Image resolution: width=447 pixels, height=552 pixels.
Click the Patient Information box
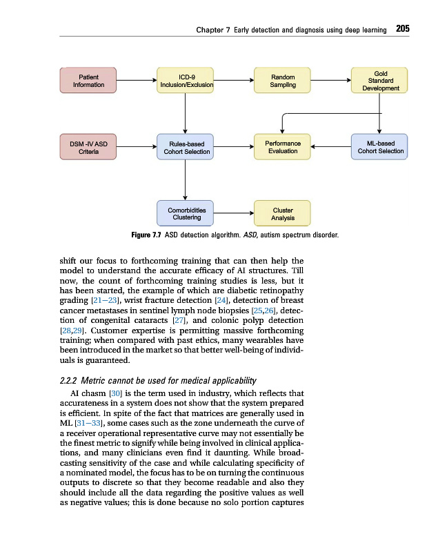pyautogui.click(x=88, y=81)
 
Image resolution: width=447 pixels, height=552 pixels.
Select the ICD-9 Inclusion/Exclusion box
pyautogui.click(x=186, y=81)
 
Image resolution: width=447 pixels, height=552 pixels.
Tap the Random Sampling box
pyautogui.click(x=283, y=81)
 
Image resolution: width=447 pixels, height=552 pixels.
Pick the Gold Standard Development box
pyautogui.click(x=380, y=81)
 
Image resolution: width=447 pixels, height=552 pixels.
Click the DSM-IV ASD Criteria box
pyautogui.click(x=88, y=147)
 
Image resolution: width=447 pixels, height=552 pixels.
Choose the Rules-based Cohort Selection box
pyautogui.click(x=186, y=147)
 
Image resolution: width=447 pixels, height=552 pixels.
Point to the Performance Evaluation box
pyautogui.click(x=283, y=147)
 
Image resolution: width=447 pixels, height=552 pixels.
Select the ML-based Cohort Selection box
pyautogui.click(x=380, y=147)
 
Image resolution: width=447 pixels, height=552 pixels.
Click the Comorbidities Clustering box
pyautogui.click(x=186, y=213)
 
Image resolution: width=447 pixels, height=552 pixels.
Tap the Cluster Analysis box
pyautogui.click(x=283, y=213)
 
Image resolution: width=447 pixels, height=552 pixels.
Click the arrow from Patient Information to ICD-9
pyautogui.click(x=137, y=81)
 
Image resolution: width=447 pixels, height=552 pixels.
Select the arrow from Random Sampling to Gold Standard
pyautogui.click(x=331, y=81)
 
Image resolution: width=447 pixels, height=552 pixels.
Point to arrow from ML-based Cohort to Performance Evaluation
pyautogui.click(x=331, y=147)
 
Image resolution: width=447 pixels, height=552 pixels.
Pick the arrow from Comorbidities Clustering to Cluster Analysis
pyautogui.click(x=234, y=213)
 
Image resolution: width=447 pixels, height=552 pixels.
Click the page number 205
pyautogui.click(x=403, y=29)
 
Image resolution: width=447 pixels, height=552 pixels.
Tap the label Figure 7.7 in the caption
pyautogui.click(x=146, y=235)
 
